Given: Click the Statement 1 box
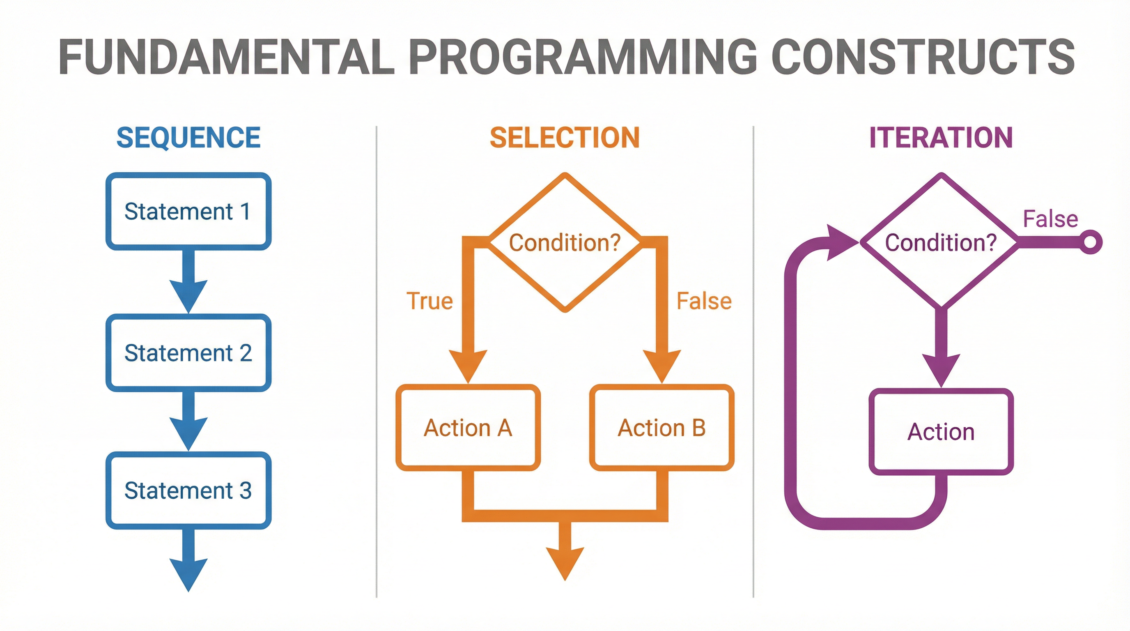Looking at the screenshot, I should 188,211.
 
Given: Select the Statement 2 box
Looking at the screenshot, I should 188,353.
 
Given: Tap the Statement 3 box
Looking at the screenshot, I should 188,490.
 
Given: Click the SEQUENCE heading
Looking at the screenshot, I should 188,138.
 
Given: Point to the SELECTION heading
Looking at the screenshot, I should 565,138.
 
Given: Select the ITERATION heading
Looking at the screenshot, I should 941,138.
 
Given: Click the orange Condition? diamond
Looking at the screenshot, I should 565,243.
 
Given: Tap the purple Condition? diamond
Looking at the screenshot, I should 941,243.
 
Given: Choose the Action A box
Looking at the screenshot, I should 468,428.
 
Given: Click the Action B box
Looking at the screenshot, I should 661,428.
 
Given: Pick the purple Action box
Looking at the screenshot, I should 941,432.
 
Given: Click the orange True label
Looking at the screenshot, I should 429,301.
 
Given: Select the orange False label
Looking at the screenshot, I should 704,301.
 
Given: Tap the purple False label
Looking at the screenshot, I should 1050,219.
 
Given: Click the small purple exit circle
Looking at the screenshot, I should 1091,242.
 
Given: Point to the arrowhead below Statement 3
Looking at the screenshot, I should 188,573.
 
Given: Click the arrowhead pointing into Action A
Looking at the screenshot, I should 468,364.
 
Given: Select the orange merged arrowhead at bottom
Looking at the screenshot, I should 565,562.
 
